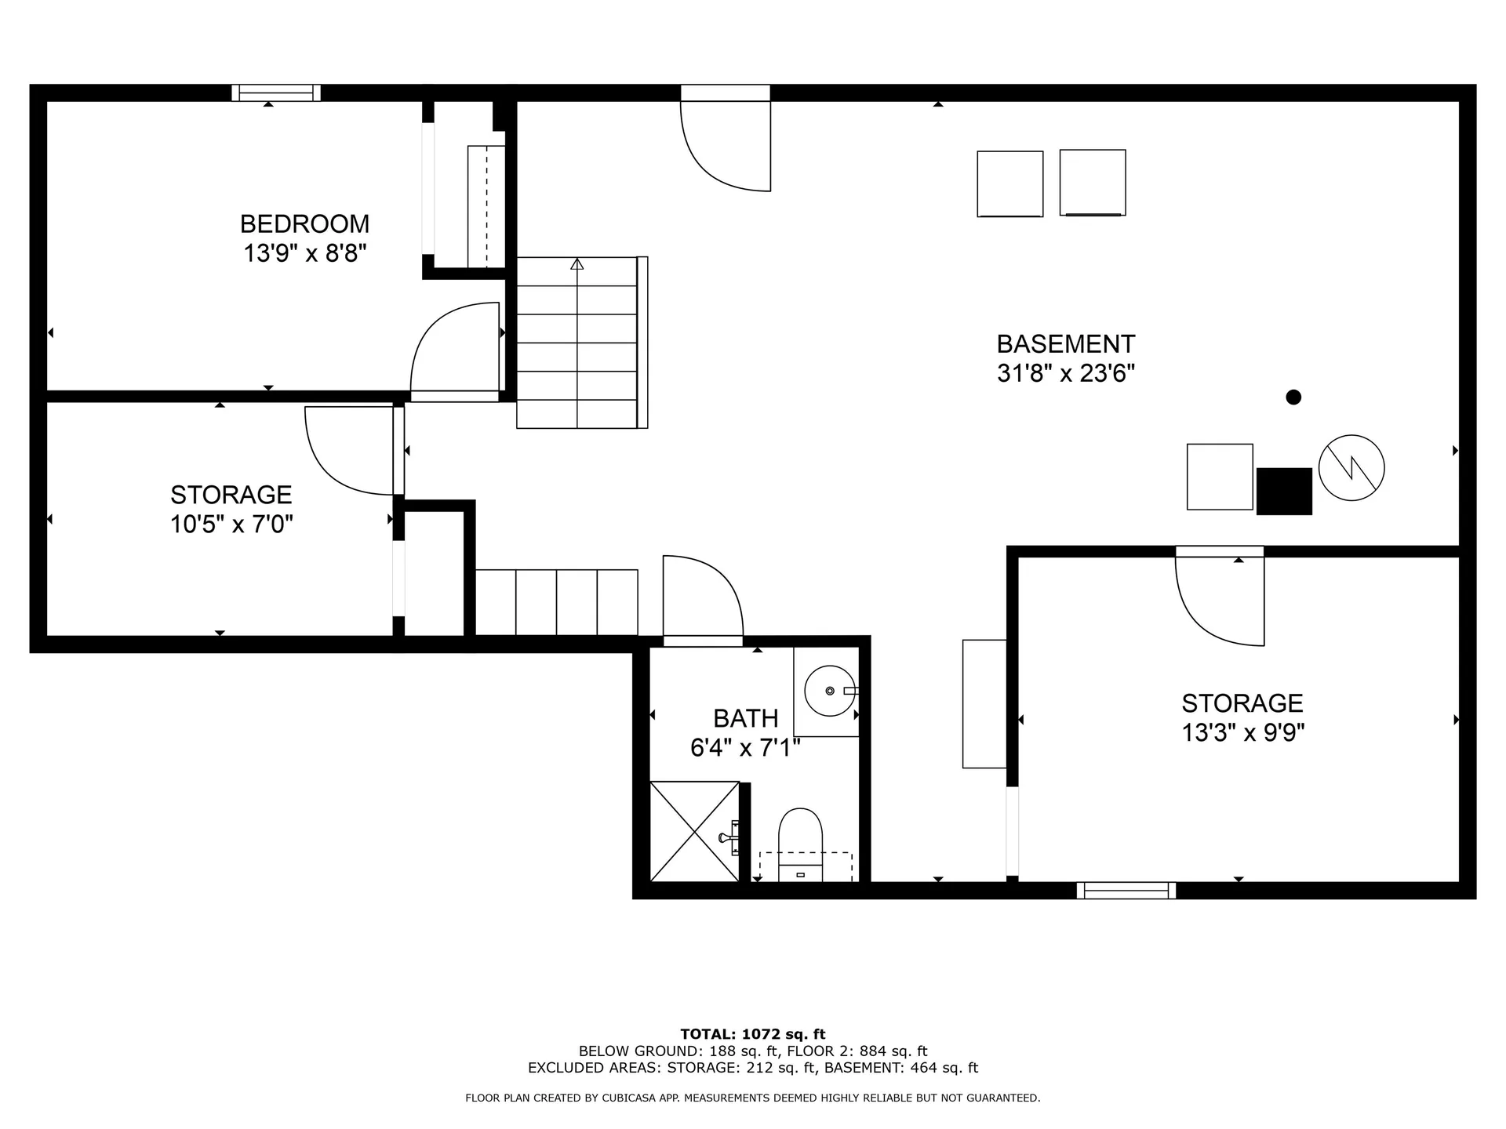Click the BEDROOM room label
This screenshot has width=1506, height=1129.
coord(304,224)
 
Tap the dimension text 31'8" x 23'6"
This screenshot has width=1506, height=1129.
coord(1066,373)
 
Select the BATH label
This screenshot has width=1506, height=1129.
coord(746,718)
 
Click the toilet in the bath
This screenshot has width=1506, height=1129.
coord(800,845)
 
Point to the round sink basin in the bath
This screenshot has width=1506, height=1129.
coord(829,691)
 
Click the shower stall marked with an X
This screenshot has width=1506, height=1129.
coord(695,831)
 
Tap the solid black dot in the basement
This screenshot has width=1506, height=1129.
coord(1293,398)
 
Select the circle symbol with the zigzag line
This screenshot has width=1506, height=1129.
coord(1351,468)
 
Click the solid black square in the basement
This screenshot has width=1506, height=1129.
coord(1284,492)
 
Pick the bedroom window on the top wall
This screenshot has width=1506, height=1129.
coord(276,93)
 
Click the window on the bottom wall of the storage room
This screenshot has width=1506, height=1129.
coord(1126,890)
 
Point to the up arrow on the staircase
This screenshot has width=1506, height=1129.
coord(577,264)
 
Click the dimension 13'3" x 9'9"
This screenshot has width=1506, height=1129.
coord(1243,732)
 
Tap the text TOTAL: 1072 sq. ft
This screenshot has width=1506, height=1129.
coord(753,1034)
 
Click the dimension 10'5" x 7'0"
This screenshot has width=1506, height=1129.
coord(231,524)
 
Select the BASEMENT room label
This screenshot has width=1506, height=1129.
coord(1066,344)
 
